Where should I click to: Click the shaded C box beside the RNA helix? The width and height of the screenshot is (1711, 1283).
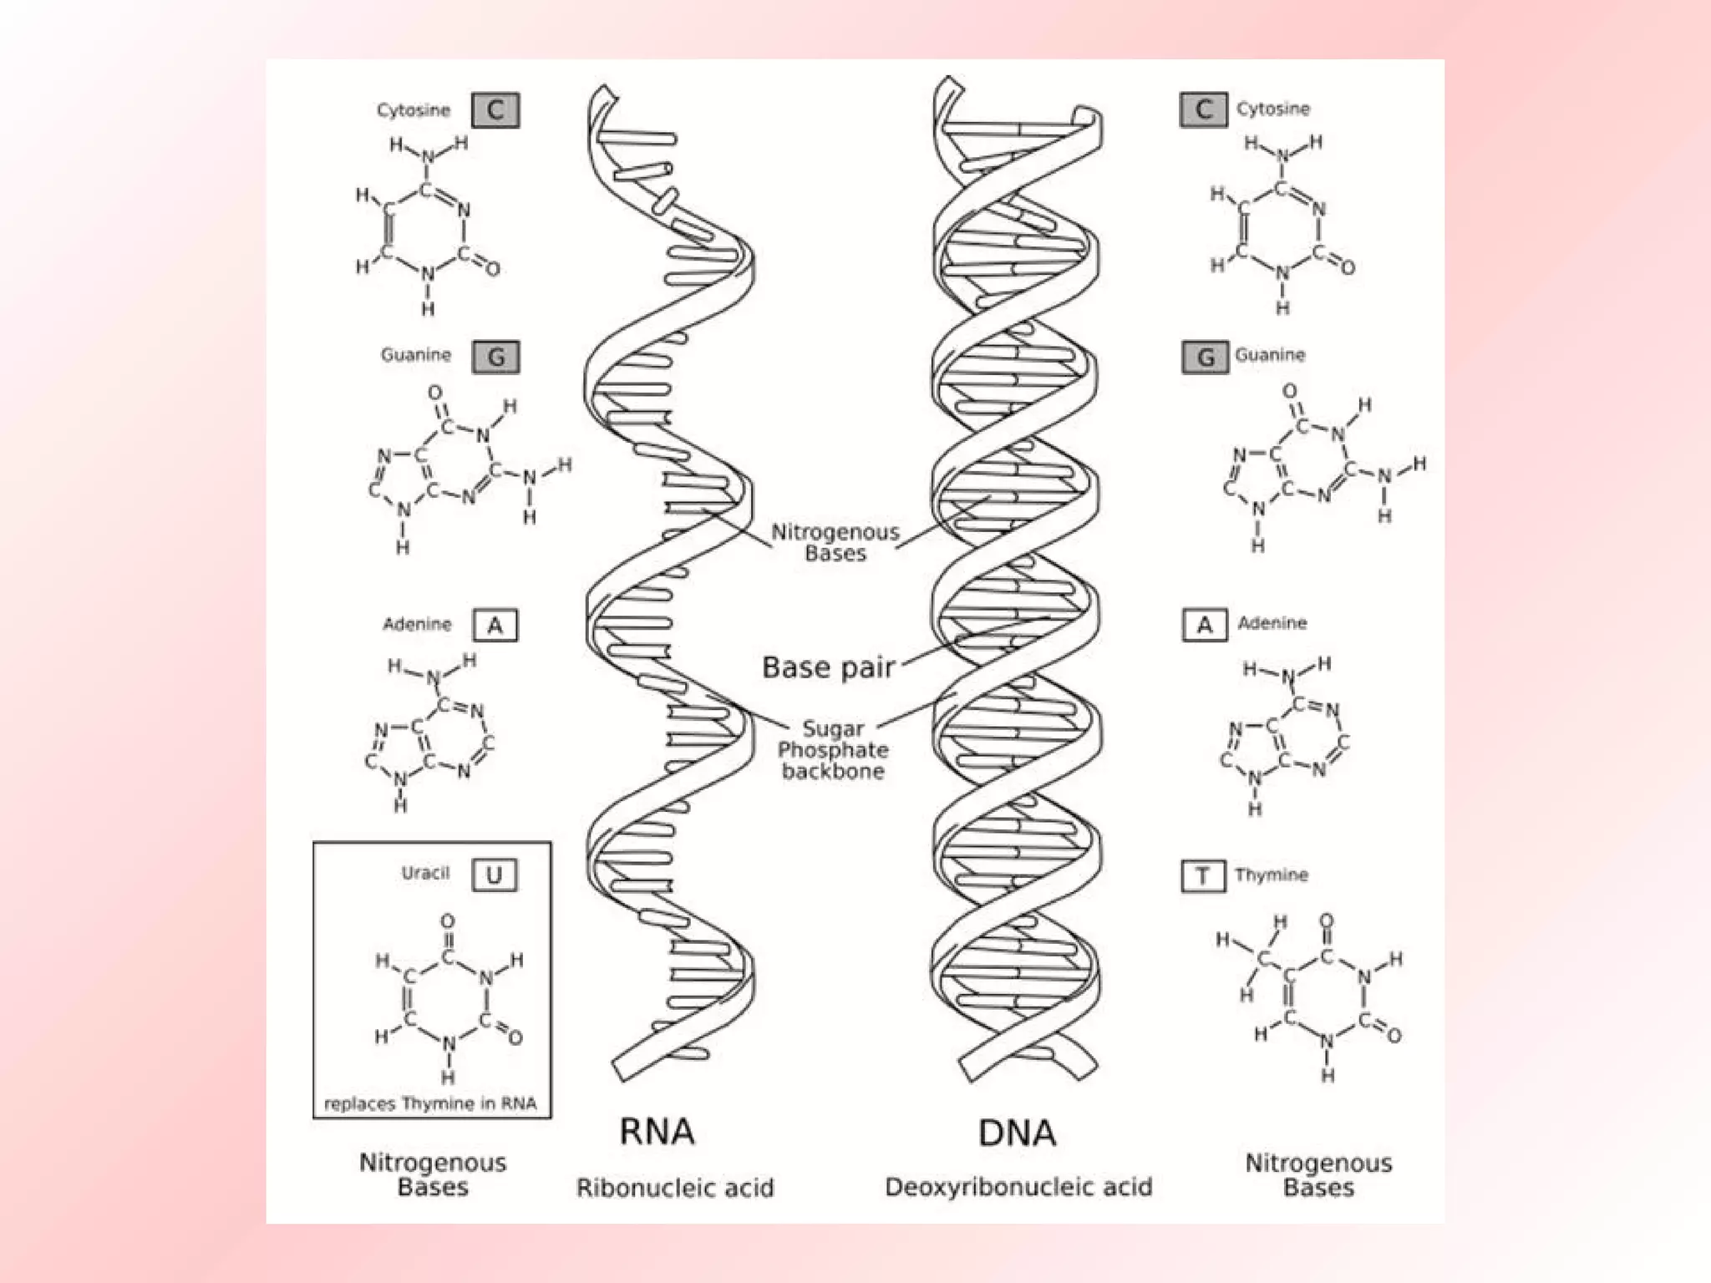[x=495, y=110]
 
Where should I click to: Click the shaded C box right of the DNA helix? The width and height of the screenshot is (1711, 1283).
[x=1204, y=109]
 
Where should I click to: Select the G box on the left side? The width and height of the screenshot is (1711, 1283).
[x=495, y=358]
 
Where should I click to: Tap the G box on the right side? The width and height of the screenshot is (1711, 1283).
[x=1206, y=358]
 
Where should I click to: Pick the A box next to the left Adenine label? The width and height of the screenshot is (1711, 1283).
[x=495, y=625]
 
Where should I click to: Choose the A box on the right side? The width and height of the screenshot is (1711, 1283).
[x=1205, y=625]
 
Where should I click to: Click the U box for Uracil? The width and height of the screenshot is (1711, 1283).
[x=495, y=875]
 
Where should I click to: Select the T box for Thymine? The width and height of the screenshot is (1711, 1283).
[x=1203, y=876]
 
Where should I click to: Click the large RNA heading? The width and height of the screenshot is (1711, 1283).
[x=657, y=1132]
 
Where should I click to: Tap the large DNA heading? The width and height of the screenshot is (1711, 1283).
[x=1017, y=1133]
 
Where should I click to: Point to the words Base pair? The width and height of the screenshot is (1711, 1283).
[x=828, y=667]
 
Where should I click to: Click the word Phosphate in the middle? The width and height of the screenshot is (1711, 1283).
[x=833, y=750]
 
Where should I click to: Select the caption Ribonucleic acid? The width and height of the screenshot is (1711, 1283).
[x=675, y=1187]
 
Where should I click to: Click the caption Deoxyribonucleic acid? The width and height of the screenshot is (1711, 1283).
[x=1018, y=1187]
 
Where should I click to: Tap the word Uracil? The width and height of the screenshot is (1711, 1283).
[x=425, y=874]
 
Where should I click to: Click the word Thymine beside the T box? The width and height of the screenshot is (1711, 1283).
[x=1271, y=875]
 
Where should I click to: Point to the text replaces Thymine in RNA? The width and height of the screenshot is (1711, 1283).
[x=430, y=1103]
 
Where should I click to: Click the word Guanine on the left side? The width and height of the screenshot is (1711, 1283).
[x=416, y=355]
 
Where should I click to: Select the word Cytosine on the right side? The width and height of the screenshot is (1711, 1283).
[x=1273, y=109]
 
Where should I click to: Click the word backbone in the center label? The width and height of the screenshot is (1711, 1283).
[x=833, y=771]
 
